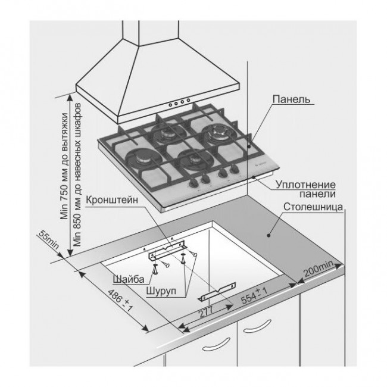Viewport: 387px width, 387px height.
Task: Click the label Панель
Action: point(291,98)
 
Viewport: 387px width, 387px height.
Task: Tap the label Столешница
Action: point(312,209)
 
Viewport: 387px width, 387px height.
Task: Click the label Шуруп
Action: point(160,293)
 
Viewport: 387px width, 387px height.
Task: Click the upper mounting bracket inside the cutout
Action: point(168,246)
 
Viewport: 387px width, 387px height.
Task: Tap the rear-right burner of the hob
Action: point(213,132)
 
